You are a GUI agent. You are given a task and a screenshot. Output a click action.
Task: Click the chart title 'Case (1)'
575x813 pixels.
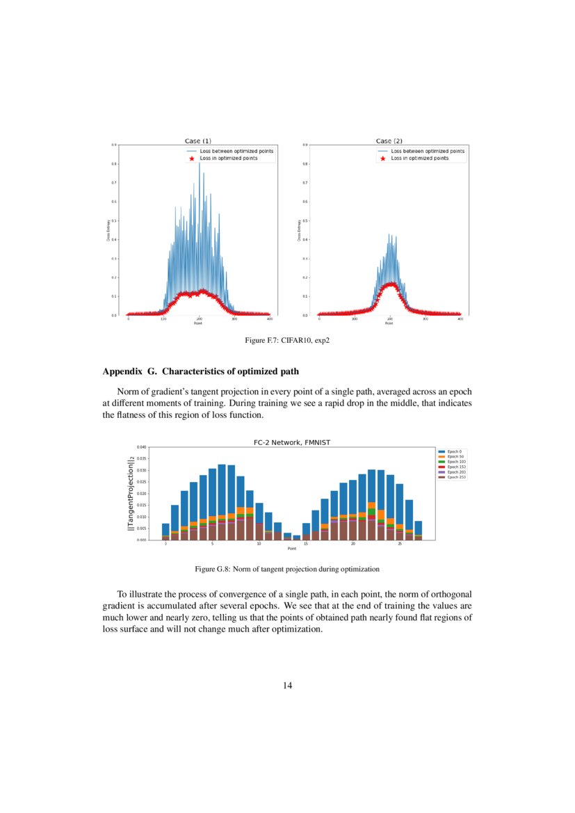coord(197,141)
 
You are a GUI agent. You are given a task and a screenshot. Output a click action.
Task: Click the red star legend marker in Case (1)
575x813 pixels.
coord(191,159)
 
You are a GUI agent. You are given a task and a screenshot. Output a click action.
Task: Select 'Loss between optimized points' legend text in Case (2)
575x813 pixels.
coord(428,151)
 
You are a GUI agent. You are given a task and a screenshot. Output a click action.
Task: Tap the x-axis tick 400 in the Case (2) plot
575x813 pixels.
coord(460,319)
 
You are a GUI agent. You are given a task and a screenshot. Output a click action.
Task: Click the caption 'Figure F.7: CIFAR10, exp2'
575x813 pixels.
coord(287,340)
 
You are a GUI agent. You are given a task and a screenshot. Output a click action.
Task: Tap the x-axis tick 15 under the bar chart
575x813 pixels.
coord(306,544)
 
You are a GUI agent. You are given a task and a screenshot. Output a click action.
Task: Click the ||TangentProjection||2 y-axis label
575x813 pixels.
coord(131,493)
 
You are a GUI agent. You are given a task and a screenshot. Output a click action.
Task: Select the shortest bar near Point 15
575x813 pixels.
coord(297,538)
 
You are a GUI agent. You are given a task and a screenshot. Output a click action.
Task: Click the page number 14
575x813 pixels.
coord(287,686)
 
